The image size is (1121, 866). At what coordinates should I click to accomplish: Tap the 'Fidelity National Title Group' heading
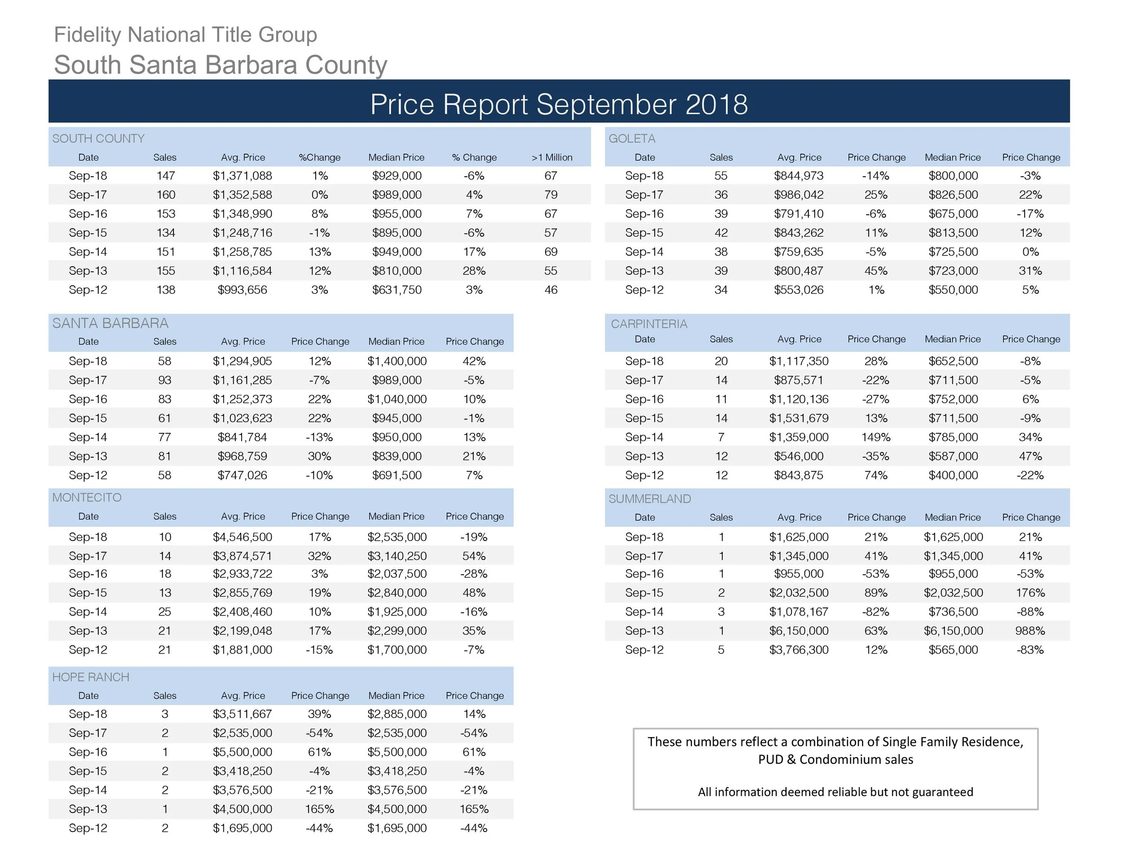(x=185, y=35)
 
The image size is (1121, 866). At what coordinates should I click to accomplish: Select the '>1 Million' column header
(x=552, y=157)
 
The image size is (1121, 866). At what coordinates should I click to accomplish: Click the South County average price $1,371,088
(x=242, y=176)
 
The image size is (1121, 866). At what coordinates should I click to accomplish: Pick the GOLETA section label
(x=632, y=139)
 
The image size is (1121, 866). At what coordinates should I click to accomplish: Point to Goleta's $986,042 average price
(x=798, y=195)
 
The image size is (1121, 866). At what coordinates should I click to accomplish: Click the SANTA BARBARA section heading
(x=110, y=323)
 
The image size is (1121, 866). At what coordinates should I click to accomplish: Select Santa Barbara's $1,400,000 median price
(x=397, y=361)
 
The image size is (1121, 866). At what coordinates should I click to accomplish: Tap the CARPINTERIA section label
(x=649, y=324)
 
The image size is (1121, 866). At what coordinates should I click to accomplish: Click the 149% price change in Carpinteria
(x=876, y=437)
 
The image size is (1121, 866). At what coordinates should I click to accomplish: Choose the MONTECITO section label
(x=87, y=498)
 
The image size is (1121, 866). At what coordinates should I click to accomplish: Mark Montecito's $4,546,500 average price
(x=242, y=537)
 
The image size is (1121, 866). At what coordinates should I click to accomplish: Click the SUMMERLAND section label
(x=649, y=499)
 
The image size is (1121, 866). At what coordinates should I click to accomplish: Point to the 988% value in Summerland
(x=1030, y=631)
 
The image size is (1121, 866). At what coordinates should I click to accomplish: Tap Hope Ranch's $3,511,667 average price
(x=242, y=714)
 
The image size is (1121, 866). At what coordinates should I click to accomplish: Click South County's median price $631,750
(x=397, y=290)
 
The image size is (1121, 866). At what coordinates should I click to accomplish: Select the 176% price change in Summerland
(x=1030, y=593)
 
